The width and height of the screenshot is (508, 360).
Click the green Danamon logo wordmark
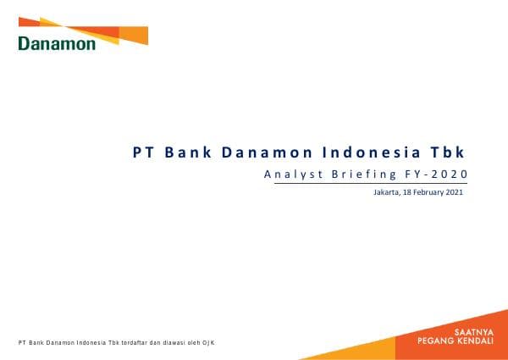(57, 44)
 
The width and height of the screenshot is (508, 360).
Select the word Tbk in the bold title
(448, 152)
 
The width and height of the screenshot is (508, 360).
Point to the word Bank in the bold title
(186, 152)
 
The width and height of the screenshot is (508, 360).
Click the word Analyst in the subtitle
(290, 174)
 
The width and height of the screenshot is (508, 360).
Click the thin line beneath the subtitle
(364, 185)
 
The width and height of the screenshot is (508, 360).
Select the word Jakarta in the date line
(388, 193)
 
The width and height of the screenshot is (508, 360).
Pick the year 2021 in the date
(456, 193)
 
